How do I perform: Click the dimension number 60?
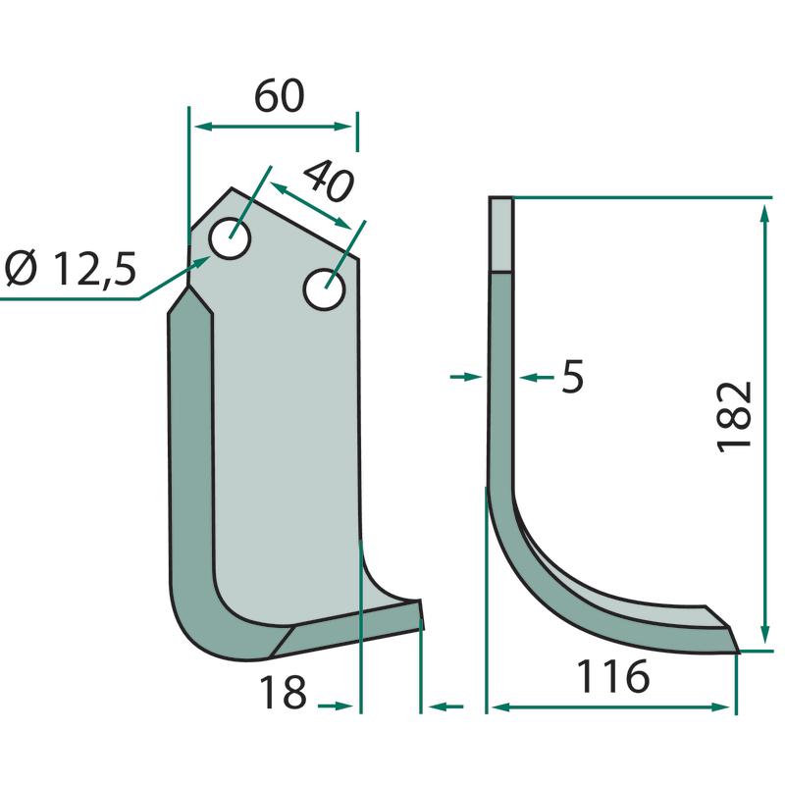point(280,95)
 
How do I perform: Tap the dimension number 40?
point(329,182)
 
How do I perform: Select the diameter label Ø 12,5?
point(71,269)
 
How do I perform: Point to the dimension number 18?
point(283,692)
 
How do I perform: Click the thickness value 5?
point(573,377)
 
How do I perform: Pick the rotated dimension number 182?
point(735,416)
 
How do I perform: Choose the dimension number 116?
point(613,676)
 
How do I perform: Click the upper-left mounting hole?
point(230,238)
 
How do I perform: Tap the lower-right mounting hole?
point(325,289)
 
